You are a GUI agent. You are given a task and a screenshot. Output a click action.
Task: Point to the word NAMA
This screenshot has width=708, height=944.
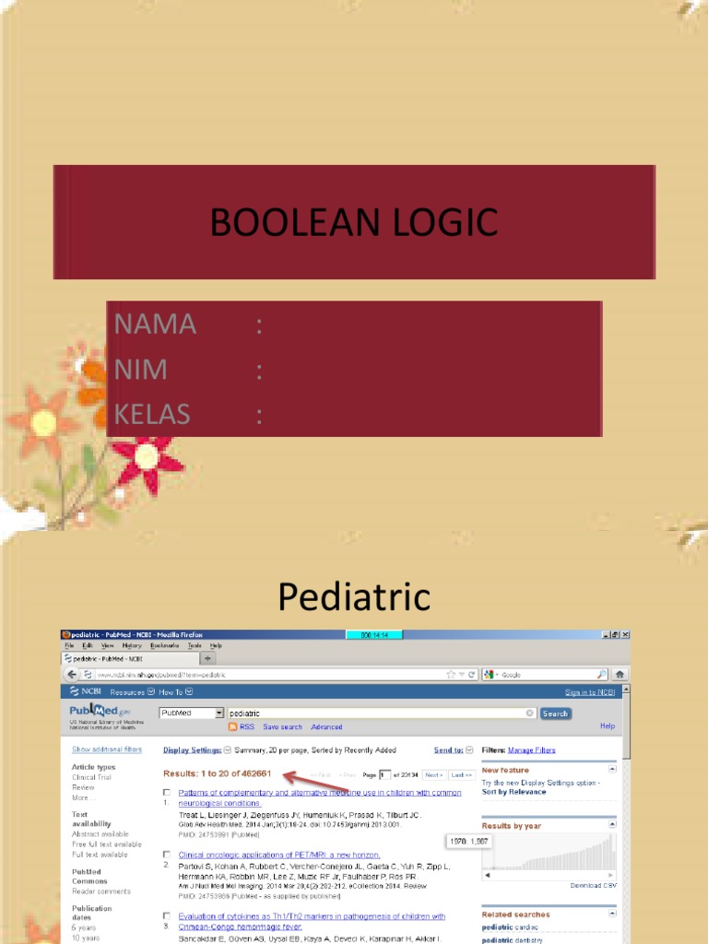[155, 324]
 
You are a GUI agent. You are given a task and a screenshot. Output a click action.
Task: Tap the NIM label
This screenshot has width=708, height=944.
[140, 370]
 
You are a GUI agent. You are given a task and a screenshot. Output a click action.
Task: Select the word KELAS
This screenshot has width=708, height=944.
[152, 415]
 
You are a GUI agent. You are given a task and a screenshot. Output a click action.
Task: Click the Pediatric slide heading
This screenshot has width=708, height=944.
[354, 597]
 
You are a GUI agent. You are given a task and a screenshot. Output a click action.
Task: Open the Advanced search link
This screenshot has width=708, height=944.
[326, 727]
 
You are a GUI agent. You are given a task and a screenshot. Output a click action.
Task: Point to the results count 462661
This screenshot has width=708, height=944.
[253, 773]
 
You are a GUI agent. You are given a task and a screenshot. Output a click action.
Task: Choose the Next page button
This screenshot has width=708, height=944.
[434, 775]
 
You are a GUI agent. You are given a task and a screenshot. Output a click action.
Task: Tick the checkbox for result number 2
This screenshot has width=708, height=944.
[167, 855]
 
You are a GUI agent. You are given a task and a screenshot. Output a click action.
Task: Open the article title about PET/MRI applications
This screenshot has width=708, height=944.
[278, 855]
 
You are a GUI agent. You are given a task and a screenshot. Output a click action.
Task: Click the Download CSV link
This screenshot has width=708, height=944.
[593, 885]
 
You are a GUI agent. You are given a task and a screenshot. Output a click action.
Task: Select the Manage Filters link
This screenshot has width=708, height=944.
[532, 750]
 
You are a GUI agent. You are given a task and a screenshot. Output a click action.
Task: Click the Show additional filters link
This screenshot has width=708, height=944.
[107, 749]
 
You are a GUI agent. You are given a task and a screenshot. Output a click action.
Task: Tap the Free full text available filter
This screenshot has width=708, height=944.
[107, 844]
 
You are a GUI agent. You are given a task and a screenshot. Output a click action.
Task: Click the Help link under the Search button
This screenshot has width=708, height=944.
[607, 726]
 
